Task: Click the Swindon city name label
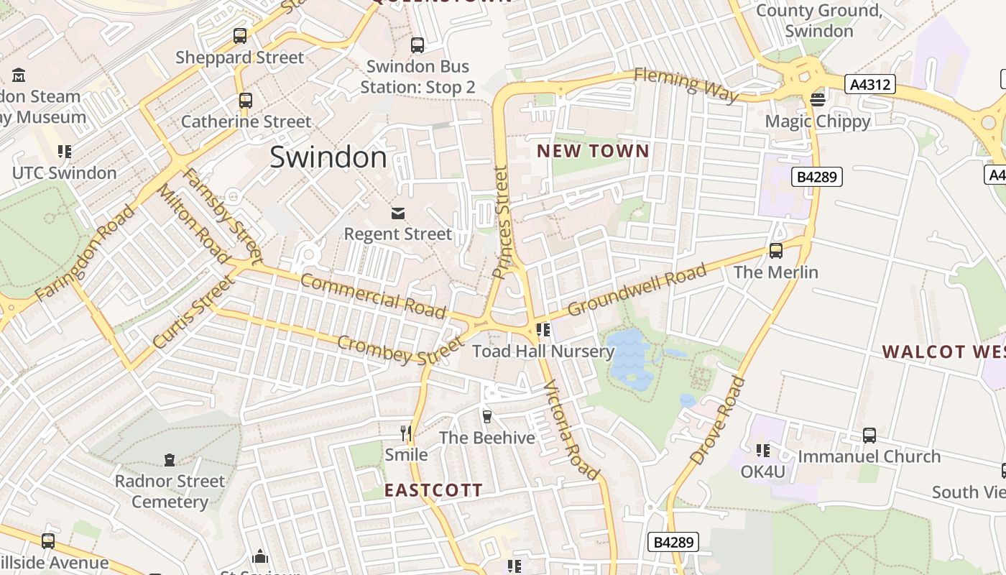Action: coord(328,157)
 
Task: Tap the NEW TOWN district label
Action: coord(593,151)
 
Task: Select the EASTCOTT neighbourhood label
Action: coord(433,490)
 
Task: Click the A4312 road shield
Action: coord(870,85)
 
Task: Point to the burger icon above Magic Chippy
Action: coord(817,99)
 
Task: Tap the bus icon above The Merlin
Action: coord(775,250)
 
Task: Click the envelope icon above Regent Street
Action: coord(397,213)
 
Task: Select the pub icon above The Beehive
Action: coord(486,416)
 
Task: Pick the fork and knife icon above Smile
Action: coord(406,433)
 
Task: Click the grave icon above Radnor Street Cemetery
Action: coord(170,459)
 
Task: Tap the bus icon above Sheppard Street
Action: coord(240,36)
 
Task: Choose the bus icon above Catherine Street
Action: coord(246,100)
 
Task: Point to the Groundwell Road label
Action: coord(637,290)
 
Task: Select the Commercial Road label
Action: coord(373,295)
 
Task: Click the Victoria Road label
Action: coord(571,430)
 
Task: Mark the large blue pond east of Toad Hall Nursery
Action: coord(629,357)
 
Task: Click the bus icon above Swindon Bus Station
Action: coord(417,45)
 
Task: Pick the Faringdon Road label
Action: coord(85,253)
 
